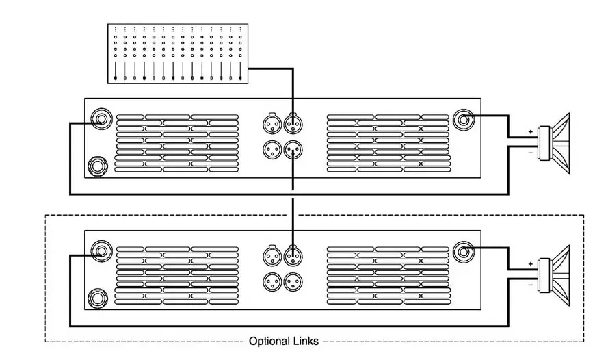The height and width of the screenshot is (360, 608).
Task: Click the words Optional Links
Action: point(283,341)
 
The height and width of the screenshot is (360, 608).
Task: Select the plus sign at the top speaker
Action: point(530,131)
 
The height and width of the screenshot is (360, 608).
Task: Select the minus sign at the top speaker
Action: point(530,152)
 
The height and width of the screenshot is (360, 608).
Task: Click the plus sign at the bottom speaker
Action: point(530,263)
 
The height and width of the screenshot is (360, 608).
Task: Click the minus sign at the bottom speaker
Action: point(530,284)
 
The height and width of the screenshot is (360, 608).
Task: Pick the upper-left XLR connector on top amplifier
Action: point(271,125)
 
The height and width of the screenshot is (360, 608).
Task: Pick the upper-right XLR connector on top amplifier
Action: point(293,125)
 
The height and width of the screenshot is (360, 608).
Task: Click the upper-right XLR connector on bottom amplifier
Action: point(293,257)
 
